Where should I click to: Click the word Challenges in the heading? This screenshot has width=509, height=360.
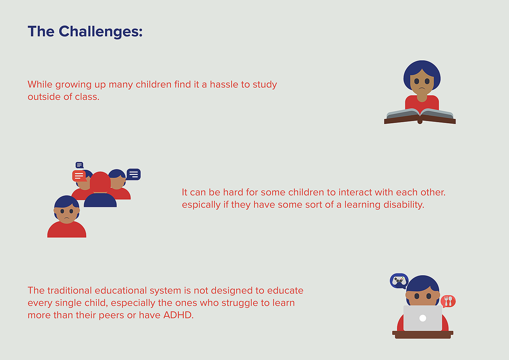tap(101, 32)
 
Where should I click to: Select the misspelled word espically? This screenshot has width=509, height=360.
tap(201, 205)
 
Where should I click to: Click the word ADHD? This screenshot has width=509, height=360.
tap(179, 315)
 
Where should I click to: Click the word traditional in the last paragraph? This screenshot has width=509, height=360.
tap(70, 291)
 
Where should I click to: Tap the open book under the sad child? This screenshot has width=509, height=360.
tap(420, 116)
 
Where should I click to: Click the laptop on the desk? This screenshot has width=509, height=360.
tap(422, 318)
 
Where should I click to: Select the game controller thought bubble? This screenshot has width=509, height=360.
tap(399, 281)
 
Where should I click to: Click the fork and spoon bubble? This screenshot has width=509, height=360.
tap(448, 301)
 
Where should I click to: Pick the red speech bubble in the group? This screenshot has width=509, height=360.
tap(79, 176)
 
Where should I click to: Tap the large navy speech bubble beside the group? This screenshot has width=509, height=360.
tap(134, 174)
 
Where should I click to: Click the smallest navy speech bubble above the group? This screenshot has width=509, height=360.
tap(80, 165)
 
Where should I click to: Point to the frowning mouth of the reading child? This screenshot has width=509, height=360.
tap(422, 88)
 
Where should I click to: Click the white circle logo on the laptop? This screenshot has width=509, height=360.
tap(422, 318)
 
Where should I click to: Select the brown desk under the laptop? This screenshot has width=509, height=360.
tap(422, 335)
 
